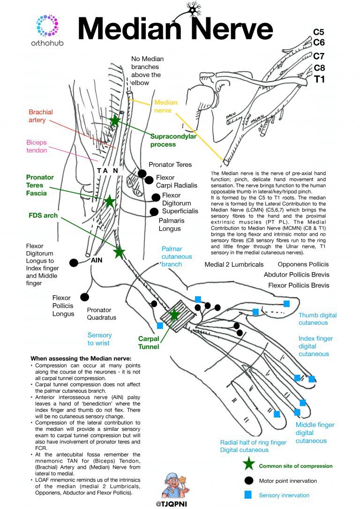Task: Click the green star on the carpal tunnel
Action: pyautogui.click(x=174, y=314)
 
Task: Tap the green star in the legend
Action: pyautogui.click(x=248, y=465)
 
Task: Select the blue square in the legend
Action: pyautogui.click(x=248, y=494)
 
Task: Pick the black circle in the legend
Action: pyautogui.click(x=248, y=480)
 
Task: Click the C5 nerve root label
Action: pyautogui.click(x=319, y=32)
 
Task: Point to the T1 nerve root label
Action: pyautogui.click(x=319, y=79)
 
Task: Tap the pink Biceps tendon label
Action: pyautogui.click(x=37, y=146)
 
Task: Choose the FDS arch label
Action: pyautogui.click(x=43, y=216)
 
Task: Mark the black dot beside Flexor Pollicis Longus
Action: pyautogui.click(x=85, y=297)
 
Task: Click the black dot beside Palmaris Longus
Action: pyautogui.click(x=153, y=212)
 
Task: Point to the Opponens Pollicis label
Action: pyautogui.click(x=303, y=264)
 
